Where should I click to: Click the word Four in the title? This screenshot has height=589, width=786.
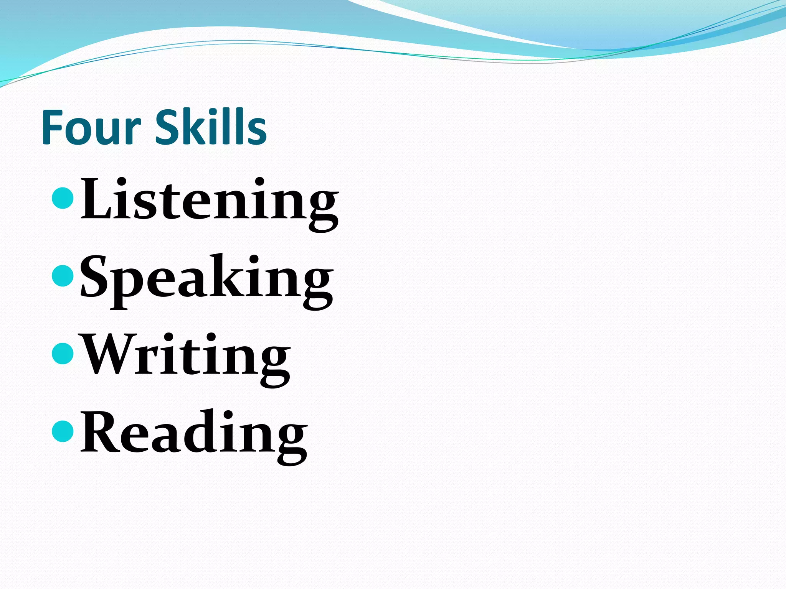[x=91, y=127]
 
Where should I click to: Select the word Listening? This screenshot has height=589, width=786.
[x=210, y=202]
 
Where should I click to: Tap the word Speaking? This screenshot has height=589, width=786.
[x=206, y=279]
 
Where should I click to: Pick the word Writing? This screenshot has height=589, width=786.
[x=187, y=357]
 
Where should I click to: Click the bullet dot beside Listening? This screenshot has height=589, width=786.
[x=62, y=198]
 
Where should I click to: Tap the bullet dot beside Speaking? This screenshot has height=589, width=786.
[x=62, y=276]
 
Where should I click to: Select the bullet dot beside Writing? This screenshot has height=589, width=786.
[x=62, y=353]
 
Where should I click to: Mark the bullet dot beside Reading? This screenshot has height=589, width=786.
[x=62, y=431]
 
